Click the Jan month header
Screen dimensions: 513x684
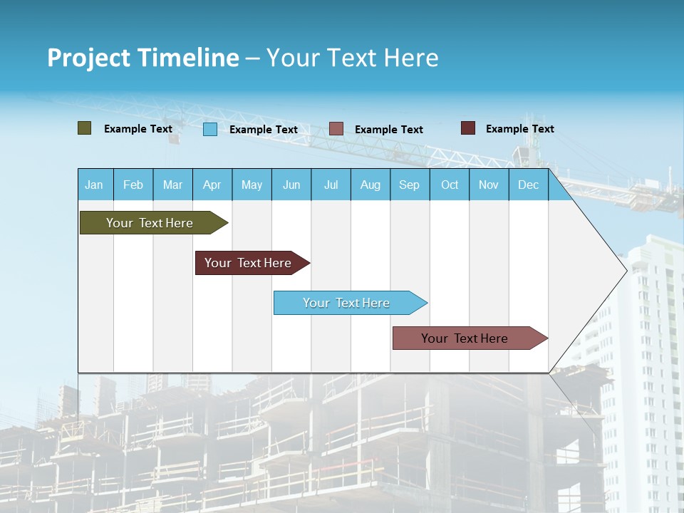pos(94,185)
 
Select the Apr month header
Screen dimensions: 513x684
pos(212,185)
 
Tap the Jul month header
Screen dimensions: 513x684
pos(331,185)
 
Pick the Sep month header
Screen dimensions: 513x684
pos(409,185)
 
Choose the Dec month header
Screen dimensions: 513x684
pos(528,185)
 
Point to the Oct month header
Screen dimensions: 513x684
pos(450,185)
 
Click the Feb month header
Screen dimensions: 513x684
pos(133,185)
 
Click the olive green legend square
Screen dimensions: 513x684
pos(85,128)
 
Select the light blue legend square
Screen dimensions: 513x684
pos(210,129)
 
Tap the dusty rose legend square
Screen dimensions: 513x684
pos(336,129)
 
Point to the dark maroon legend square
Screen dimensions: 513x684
pos(468,128)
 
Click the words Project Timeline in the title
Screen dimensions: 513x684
pos(142,58)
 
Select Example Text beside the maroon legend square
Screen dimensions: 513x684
pos(519,129)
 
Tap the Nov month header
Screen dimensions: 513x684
pos(489,185)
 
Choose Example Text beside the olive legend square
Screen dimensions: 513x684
pos(138,129)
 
